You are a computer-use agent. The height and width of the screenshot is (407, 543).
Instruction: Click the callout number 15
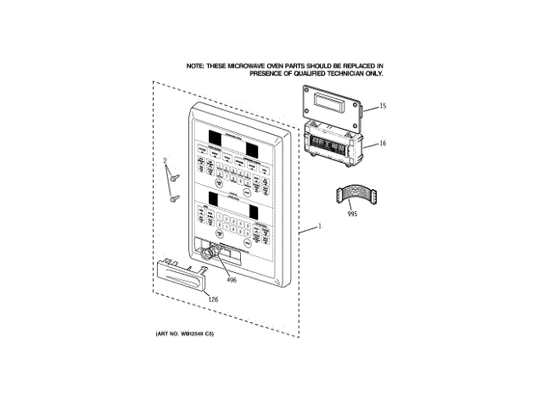[x=383, y=106]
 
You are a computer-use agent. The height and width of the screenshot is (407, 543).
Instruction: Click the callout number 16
[x=383, y=143]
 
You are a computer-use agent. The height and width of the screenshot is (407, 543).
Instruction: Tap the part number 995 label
[x=352, y=214]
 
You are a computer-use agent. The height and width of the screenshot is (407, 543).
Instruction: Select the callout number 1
[x=319, y=226]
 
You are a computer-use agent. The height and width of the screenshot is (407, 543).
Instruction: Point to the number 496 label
[x=231, y=279]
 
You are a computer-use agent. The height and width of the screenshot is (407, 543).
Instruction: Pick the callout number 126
[x=213, y=298]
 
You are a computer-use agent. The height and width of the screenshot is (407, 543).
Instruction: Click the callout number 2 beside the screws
[x=166, y=160]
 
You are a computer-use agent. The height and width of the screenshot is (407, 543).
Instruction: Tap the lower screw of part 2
[x=175, y=198]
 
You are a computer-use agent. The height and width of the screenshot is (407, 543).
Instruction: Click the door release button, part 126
[x=180, y=275]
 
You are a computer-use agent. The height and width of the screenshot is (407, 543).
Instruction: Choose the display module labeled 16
[x=332, y=145]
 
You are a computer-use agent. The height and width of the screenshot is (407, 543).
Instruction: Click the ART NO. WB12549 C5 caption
[x=185, y=334]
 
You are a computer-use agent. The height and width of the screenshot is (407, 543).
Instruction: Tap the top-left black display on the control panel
[x=211, y=138]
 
